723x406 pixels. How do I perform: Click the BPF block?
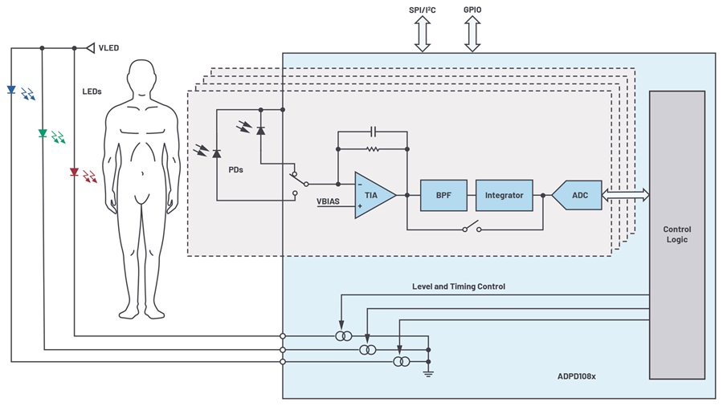pos(443,195)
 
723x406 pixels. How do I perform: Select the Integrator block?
pos(504,195)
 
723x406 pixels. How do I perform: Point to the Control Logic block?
pos(677,234)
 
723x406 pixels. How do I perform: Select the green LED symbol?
pos(43,133)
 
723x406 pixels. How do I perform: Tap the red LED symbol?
pos(74,173)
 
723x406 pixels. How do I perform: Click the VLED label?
pos(108,48)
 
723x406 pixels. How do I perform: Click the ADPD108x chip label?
pos(577,376)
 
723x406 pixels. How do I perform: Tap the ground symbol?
pos(428,371)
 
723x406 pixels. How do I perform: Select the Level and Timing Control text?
pos(459,286)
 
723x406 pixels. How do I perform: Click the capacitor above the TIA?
pos(373,130)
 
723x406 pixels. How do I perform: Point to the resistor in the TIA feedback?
pos(373,149)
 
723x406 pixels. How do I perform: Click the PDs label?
pos(236,169)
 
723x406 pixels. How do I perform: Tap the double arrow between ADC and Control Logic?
pos(625,195)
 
